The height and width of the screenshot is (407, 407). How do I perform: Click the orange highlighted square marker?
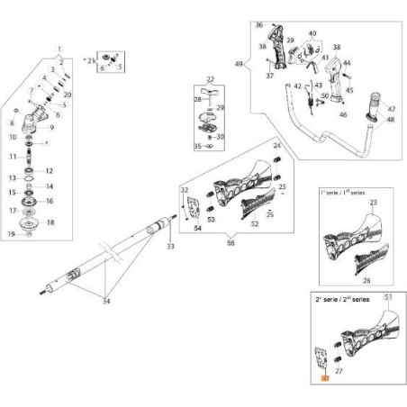click(x=326, y=380)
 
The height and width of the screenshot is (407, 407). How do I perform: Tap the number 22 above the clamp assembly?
click(x=210, y=80)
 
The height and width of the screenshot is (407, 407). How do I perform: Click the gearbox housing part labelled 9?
click(x=41, y=129)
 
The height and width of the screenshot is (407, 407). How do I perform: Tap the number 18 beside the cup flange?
click(x=50, y=222)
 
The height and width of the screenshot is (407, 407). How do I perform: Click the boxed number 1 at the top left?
click(x=59, y=47)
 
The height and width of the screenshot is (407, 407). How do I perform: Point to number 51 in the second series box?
click(x=388, y=296)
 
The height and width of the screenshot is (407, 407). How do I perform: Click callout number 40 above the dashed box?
click(x=312, y=34)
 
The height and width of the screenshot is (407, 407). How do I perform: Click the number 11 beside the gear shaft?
click(x=12, y=157)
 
